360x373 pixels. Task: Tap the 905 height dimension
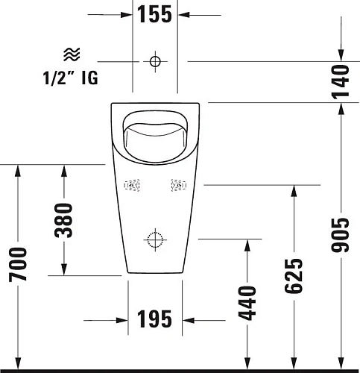[x=340, y=235]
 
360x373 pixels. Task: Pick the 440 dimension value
[x=248, y=302]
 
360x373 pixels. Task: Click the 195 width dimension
[x=155, y=320]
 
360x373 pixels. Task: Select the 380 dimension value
[x=65, y=220]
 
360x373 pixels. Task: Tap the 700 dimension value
[x=19, y=265]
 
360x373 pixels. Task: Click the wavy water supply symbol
[x=72, y=53]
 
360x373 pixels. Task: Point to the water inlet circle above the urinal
[x=155, y=60]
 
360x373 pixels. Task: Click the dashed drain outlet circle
[x=155, y=239]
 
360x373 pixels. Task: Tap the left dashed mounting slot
[x=132, y=184]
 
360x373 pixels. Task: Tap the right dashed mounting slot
[x=178, y=184]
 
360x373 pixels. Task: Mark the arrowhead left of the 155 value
[x=127, y=13]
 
